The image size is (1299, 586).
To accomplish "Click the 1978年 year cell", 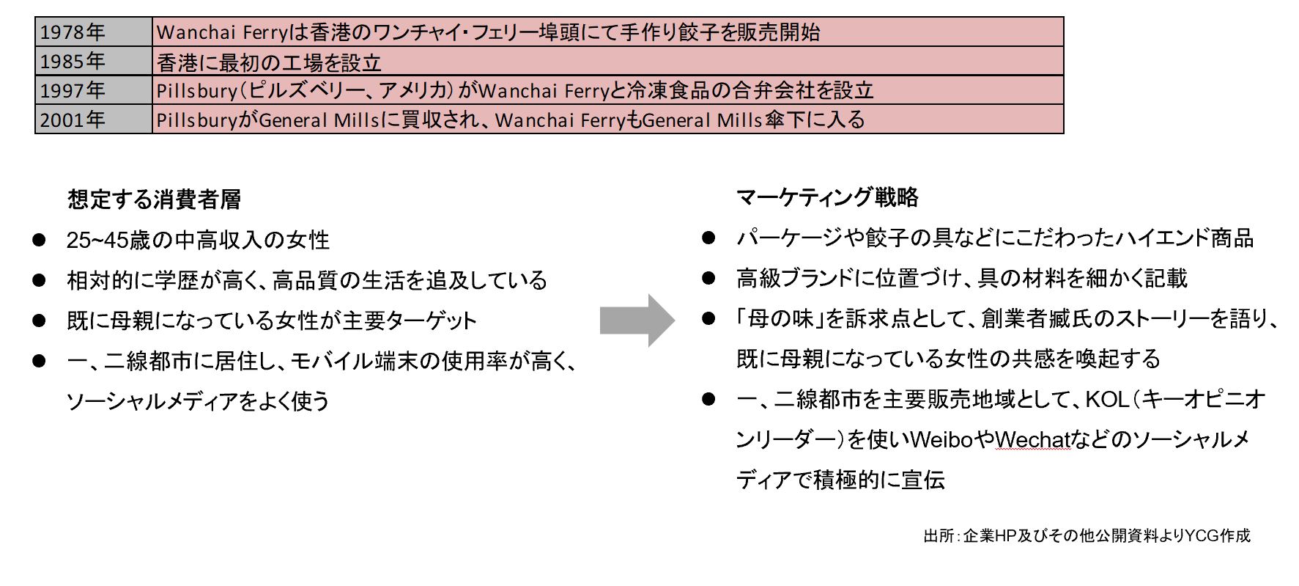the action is tap(94, 32).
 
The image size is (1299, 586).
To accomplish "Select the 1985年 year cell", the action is tap(94, 61).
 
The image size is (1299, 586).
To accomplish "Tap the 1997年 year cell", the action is tap(94, 89).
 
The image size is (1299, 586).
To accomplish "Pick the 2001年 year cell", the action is tap(94, 119).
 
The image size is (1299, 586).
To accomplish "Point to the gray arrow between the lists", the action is tap(637, 320).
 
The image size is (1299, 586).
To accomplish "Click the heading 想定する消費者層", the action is tap(154, 199).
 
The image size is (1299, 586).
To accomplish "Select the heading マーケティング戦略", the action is tap(827, 197).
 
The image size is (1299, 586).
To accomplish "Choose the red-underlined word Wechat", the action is tap(1032, 439).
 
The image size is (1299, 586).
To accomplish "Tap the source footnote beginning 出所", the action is tap(1087, 536).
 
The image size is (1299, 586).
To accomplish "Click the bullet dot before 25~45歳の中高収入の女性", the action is tap(39, 240).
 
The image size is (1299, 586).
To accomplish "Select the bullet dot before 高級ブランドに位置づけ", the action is tap(708, 278).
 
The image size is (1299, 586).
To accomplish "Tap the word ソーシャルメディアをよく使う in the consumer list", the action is tap(198, 400).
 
